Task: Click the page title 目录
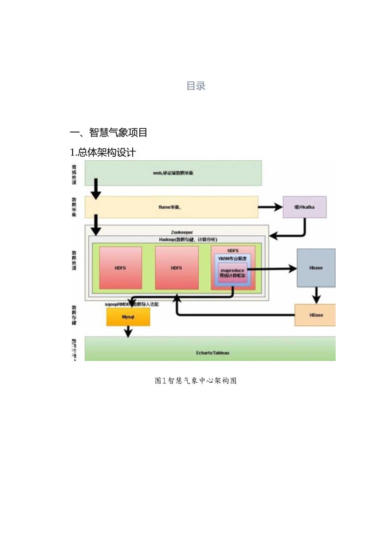(196, 86)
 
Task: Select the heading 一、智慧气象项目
(108, 133)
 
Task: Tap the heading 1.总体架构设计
(102, 152)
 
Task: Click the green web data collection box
(173, 173)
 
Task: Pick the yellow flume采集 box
(171, 207)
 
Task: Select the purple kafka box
(304, 207)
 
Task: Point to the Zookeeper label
(182, 232)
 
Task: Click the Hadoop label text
(176, 239)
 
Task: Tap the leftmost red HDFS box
(120, 268)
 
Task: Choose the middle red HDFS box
(177, 268)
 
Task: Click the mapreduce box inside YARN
(232, 273)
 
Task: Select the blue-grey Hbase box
(316, 268)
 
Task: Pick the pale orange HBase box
(316, 315)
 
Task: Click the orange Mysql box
(128, 317)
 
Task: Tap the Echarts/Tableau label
(212, 353)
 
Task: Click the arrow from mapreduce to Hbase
(273, 269)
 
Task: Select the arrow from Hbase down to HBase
(316, 295)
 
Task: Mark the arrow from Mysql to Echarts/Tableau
(128, 331)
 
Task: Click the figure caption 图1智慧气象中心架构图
(196, 381)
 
